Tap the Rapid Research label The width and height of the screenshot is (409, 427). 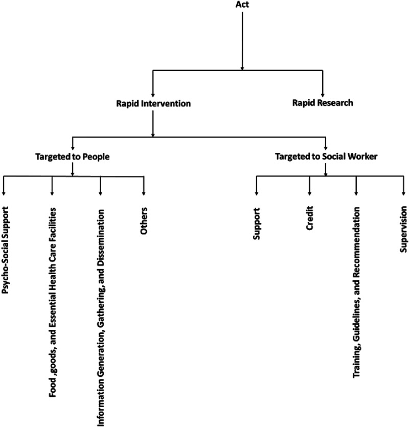tap(322, 103)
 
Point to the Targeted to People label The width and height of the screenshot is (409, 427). tap(73, 158)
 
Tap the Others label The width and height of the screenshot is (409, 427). tap(144, 221)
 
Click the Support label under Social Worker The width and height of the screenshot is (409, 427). tap(257, 223)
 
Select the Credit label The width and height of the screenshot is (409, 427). tap(309, 219)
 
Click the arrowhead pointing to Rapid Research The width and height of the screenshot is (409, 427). tap(322, 94)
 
